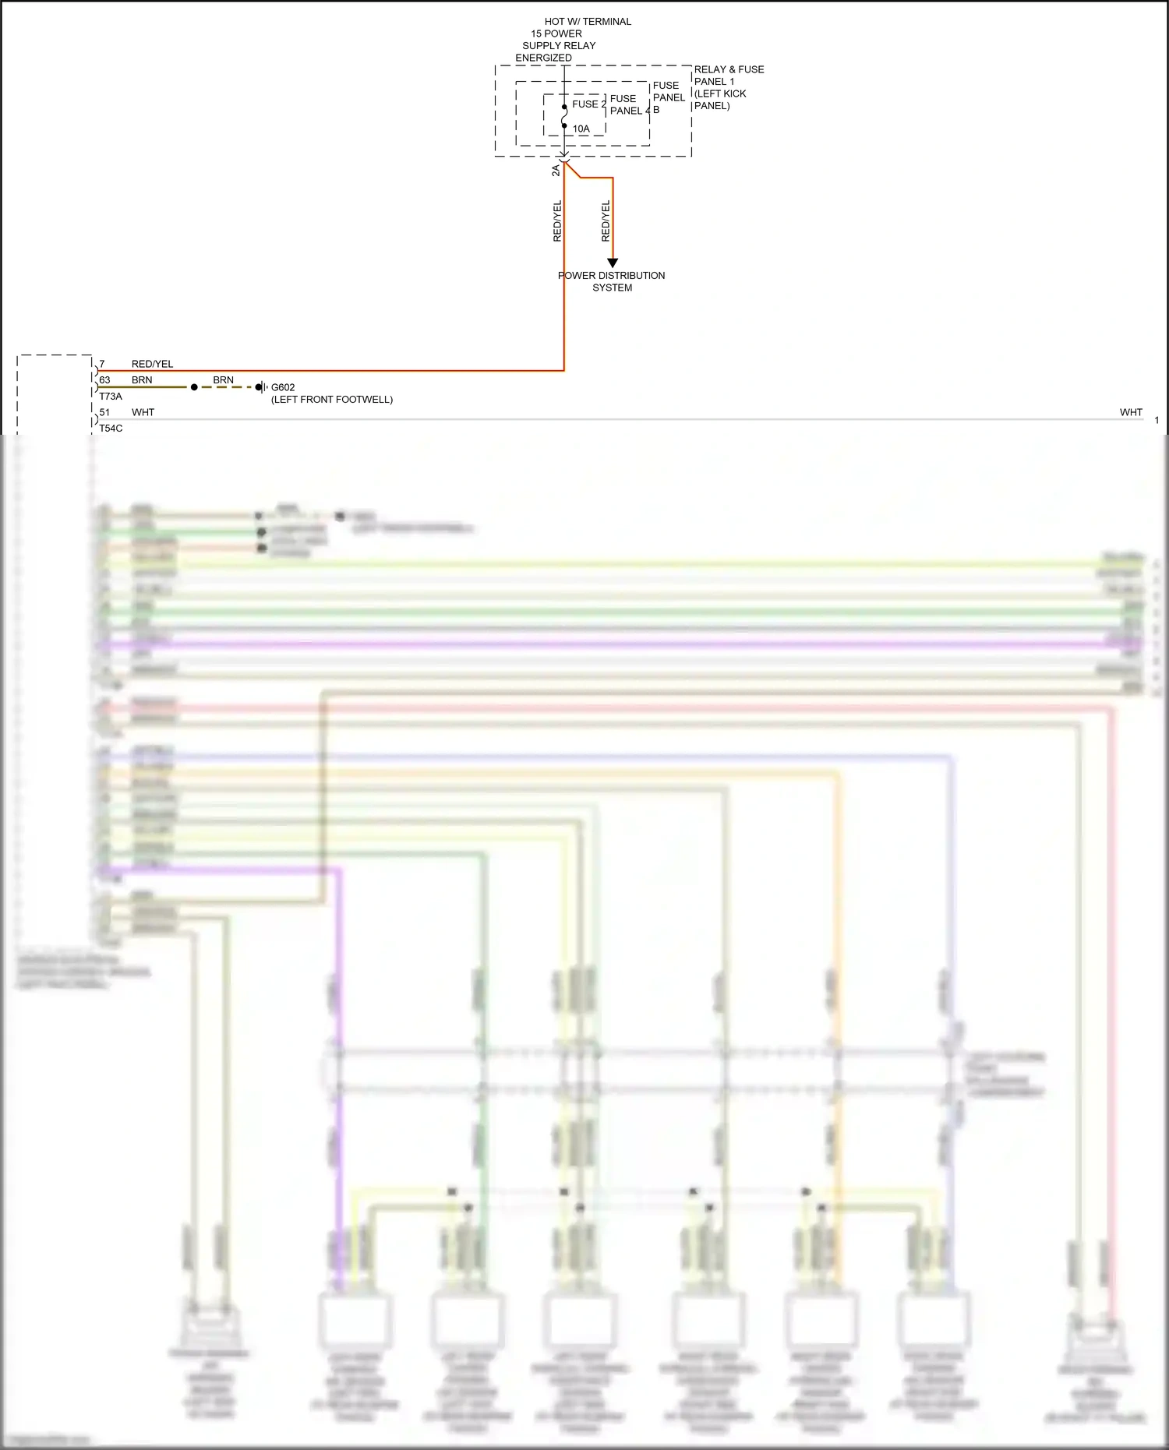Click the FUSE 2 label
click(x=588, y=104)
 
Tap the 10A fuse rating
click(x=581, y=129)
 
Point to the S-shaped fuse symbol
click(x=564, y=117)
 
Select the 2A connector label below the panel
click(x=556, y=171)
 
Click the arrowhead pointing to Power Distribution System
click(x=613, y=263)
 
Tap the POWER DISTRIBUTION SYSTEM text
click(x=612, y=281)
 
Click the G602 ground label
click(x=283, y=387)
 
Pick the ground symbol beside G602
click(x=263, y=387)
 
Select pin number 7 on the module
click(x=102, y=364)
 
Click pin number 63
click(x=104, y=380)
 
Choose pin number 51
click(x=104, y=412)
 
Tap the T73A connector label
click(x=111, y=397)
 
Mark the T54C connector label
click(x=111, y=429)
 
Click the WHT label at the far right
click(x=1131, y=412)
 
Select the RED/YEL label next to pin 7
click(x=152, y=364)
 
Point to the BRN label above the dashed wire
click(x=223, y=380)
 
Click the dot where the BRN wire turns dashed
click(x=194, y=387)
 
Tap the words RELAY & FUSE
click(x=729, y=69)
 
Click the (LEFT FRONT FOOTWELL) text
click(x=332, y=400)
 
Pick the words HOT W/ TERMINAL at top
click(x=588, y=22)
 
